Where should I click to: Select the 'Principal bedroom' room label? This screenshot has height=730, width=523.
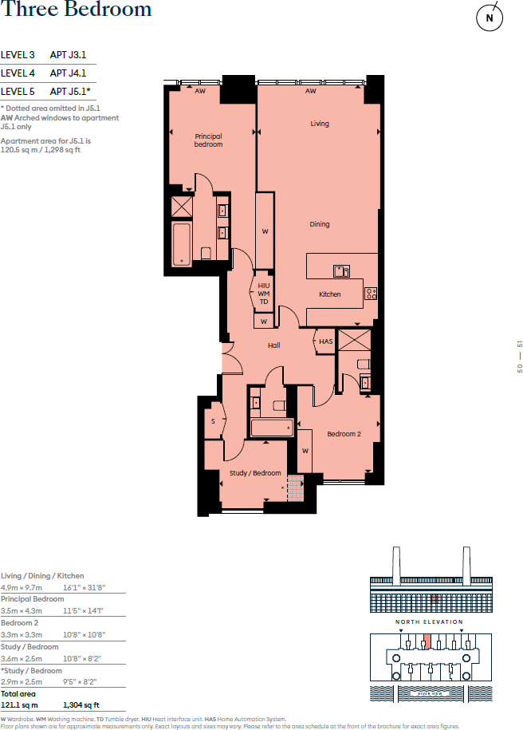pos(208,140)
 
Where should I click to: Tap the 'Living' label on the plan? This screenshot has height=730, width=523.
pos(320,124)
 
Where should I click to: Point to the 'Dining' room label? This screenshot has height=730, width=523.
pos(320,224)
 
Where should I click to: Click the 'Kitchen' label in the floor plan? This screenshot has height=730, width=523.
pos(329,294)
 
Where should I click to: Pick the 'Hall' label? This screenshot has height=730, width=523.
pos(273,345)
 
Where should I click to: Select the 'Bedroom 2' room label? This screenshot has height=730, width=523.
pos(344,434)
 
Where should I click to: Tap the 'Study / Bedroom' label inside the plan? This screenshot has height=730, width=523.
pos(256,473)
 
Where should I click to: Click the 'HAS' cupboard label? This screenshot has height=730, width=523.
pos(325,341)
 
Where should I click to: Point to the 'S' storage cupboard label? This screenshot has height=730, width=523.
pos(214,421)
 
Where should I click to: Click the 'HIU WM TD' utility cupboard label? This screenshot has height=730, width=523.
pos(264,294)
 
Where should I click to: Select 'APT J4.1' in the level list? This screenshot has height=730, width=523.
pos(68,73)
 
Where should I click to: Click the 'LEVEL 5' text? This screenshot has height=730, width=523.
pos(18,92)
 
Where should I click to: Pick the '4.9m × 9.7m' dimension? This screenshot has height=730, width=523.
pos(22,587)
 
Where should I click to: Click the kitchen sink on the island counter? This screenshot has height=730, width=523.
pos(341,270)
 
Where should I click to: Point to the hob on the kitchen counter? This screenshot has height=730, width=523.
pos(371,294)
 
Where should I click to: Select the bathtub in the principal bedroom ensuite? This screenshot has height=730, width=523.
pos(182,244)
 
